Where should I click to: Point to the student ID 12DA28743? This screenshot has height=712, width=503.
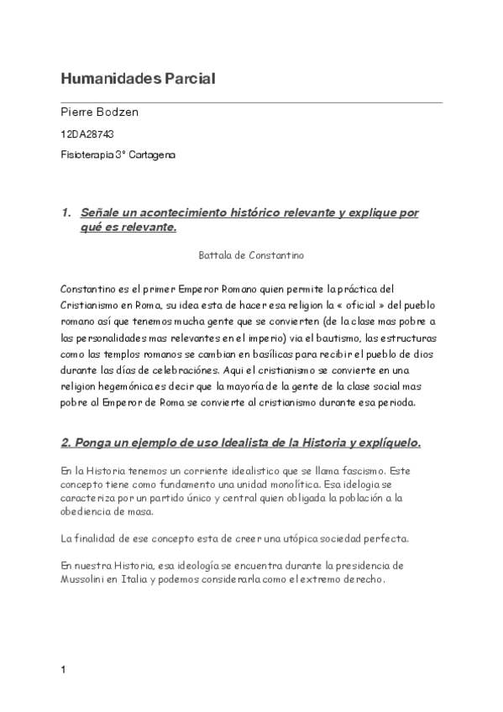[x=87, y=134]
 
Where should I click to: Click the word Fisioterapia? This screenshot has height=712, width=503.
[x=87, y=155]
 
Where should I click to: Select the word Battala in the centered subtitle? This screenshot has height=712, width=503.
[x=214, y=253]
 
